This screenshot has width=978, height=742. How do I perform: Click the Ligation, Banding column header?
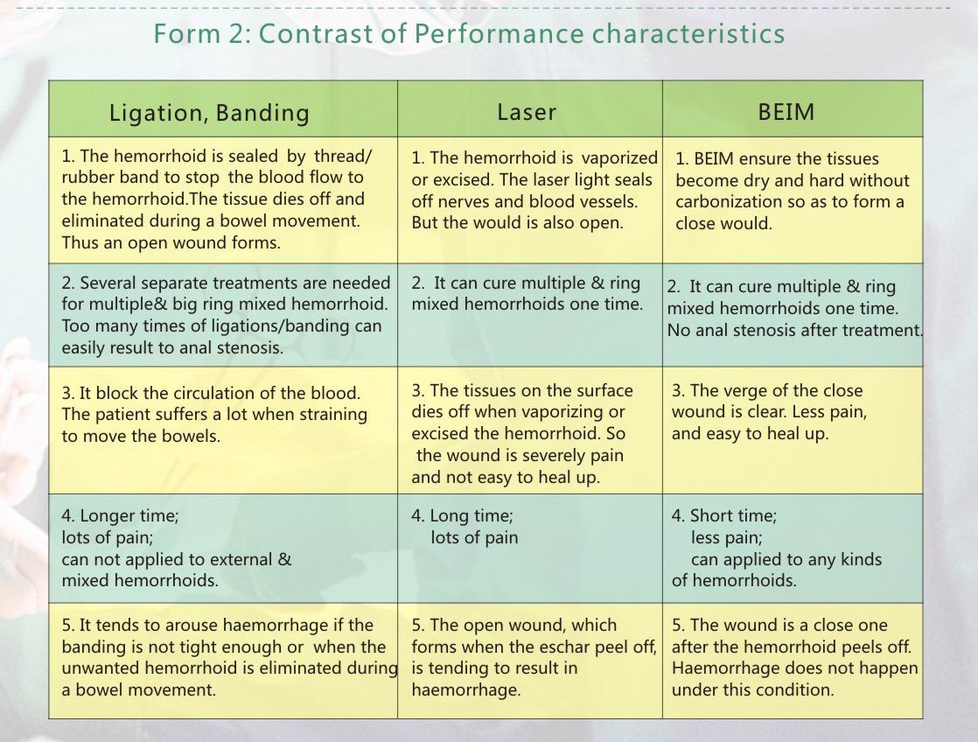(209, 113)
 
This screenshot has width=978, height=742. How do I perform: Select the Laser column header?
(527, 112)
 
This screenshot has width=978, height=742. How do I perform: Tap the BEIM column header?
(786, 112)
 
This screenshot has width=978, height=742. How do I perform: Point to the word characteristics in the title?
(688, 33)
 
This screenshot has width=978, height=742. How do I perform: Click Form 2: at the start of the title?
(202, 33)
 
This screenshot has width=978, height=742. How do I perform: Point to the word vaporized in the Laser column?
(619, 157)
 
